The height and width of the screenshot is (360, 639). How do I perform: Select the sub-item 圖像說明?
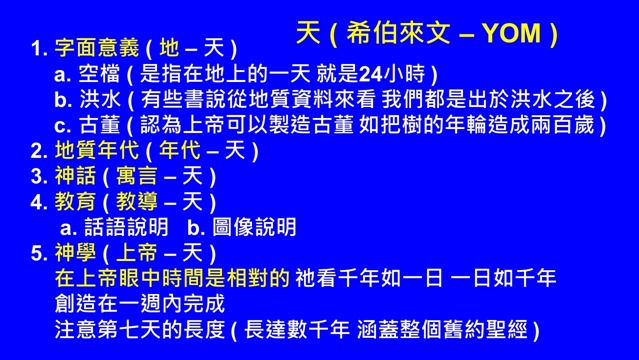257,227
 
